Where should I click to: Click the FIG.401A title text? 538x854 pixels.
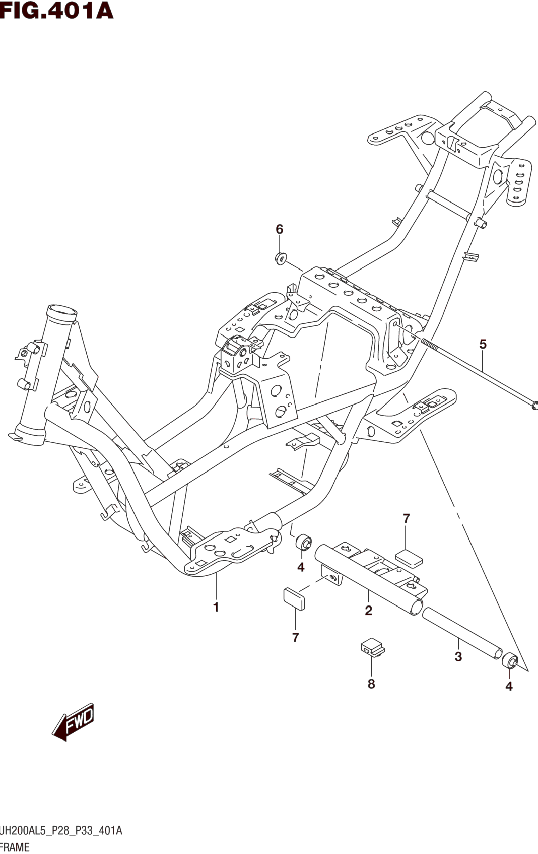[x=57, y=11]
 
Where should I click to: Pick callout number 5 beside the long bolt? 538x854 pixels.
[x=483, y=344]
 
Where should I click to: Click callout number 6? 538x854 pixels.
[x=280, y=229]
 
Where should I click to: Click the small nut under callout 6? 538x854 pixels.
[x=281, y=258]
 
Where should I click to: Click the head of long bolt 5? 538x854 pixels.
[x=534, y=405]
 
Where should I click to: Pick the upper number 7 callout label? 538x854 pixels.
[x=406, y=519]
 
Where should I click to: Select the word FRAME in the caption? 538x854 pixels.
[x=15, y=847]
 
